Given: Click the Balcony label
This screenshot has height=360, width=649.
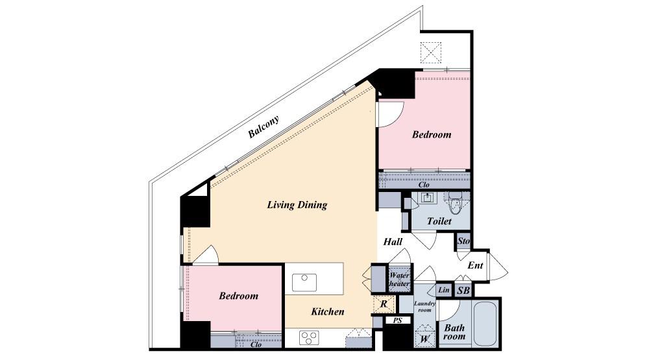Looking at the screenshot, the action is [x=263, y=126].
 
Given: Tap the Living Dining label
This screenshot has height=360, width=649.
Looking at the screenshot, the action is [x=297, y=205].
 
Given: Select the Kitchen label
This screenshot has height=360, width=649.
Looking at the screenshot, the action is [x=327, y=311].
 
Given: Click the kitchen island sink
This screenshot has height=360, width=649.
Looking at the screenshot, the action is [x=304, y=283].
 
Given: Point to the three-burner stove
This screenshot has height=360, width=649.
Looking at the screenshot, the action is [x=309, y=338].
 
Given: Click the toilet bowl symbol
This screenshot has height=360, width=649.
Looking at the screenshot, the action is [x=456, y=204].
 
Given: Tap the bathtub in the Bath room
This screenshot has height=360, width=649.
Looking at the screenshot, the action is [x=485, y=324].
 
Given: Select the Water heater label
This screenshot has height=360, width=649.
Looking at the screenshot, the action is [x=399, y=280].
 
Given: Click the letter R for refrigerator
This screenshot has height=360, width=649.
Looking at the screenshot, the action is [x=384, y=304].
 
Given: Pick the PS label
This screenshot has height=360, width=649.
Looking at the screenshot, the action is [x=397, y=320].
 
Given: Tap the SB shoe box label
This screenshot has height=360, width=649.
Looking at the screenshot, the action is [x=463, y=291].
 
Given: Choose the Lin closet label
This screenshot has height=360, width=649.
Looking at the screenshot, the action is [x=444, y=290].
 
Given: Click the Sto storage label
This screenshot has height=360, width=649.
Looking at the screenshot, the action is [x=463, y=241].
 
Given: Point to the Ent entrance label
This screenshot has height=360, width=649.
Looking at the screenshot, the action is [x=475, y=265].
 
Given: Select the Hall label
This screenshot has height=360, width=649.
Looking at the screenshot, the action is [x=393, y=242].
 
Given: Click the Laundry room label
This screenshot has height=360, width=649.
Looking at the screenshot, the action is [x=424, y=306].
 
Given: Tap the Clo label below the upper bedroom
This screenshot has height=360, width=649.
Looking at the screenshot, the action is [x=424, y=185].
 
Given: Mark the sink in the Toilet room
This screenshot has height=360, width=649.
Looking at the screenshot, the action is [x=427, y=198].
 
